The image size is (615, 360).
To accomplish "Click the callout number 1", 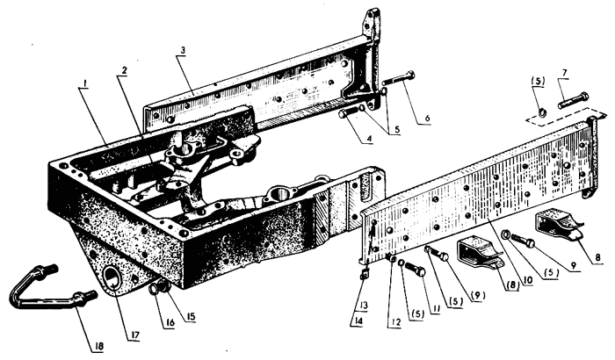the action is coord(84,84).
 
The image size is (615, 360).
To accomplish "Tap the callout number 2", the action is coord(124,70).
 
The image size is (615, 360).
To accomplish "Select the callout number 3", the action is coord(183,52).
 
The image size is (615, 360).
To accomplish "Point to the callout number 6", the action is coord(427,118).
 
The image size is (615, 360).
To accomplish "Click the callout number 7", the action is coord(564,73).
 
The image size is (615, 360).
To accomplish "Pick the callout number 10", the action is coord(527,281).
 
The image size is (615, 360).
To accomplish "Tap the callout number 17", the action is coord(134,335).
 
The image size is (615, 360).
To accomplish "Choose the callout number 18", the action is coord(98,347).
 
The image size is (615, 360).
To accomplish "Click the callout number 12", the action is coord(395,322).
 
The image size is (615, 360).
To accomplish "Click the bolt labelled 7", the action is coord(574,100).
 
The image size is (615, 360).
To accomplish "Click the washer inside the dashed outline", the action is coord(542,113).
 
